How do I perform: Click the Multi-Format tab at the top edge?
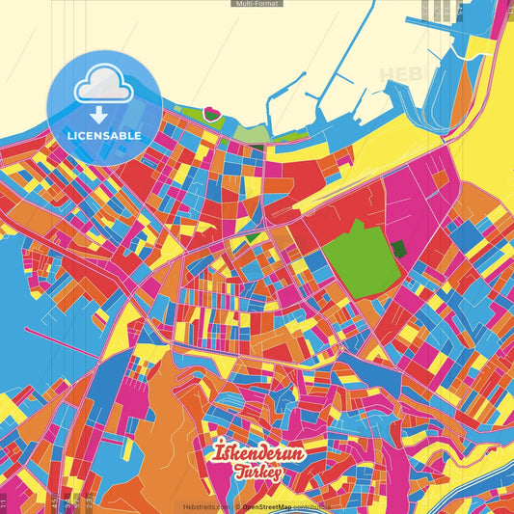click(x=257, y=4)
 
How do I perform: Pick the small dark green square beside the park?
click(x=398, y=249)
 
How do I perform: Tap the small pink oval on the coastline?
click(x=212, y=118)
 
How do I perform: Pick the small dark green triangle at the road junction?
click(x=253, y=236)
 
